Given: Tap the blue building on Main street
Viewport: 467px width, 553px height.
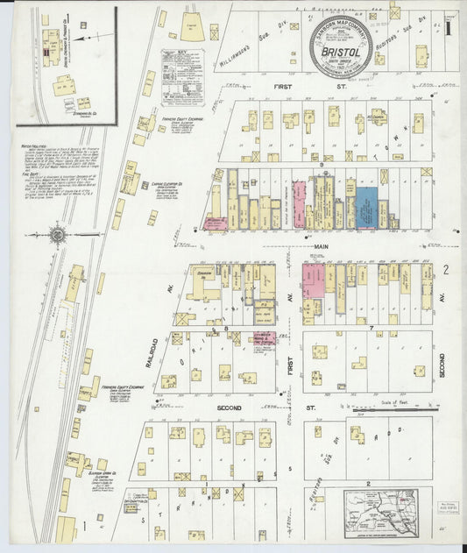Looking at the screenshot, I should click(x=366, y=207).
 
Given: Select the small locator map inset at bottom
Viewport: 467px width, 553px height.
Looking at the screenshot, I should click(x=380, y=512).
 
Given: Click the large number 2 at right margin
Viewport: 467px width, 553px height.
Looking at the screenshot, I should click(x=446, y=269).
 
